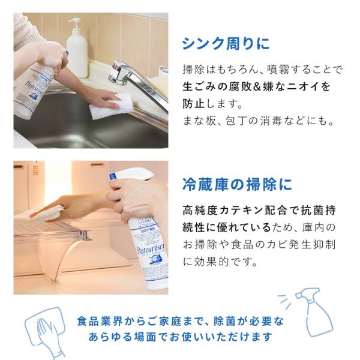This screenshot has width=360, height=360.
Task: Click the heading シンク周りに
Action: click(x=226, y=44)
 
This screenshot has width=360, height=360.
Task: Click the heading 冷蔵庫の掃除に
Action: click(x=237, y=184)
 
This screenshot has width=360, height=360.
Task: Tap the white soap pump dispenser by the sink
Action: click(x=77, y=48)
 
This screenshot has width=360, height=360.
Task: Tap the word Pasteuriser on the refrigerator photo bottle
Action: click(x=151, y=249)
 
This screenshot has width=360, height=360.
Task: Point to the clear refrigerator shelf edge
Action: click(x=53, y=236)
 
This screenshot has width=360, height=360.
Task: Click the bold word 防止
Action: click(x=194, y=104)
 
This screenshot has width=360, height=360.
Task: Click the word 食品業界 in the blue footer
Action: click(x=100, y=321)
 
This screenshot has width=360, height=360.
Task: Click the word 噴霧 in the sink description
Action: click(x=279, y=70)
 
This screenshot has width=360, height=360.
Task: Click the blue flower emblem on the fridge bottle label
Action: click(x=154, y=260)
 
